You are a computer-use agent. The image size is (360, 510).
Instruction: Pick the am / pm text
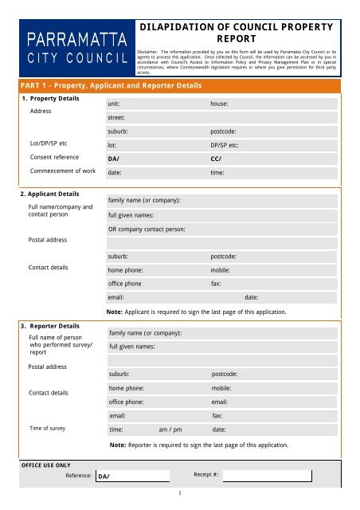click(170, 429)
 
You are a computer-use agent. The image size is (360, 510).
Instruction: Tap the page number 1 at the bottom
click(181, 493)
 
